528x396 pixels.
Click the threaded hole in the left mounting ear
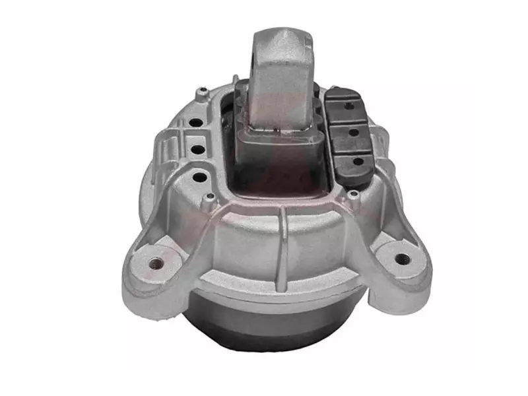[x=156, y=263]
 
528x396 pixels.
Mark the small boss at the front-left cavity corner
[x=210, y=196]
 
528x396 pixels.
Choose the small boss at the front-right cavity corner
[x=353, y=194]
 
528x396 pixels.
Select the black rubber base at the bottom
[x=277, y=330]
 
